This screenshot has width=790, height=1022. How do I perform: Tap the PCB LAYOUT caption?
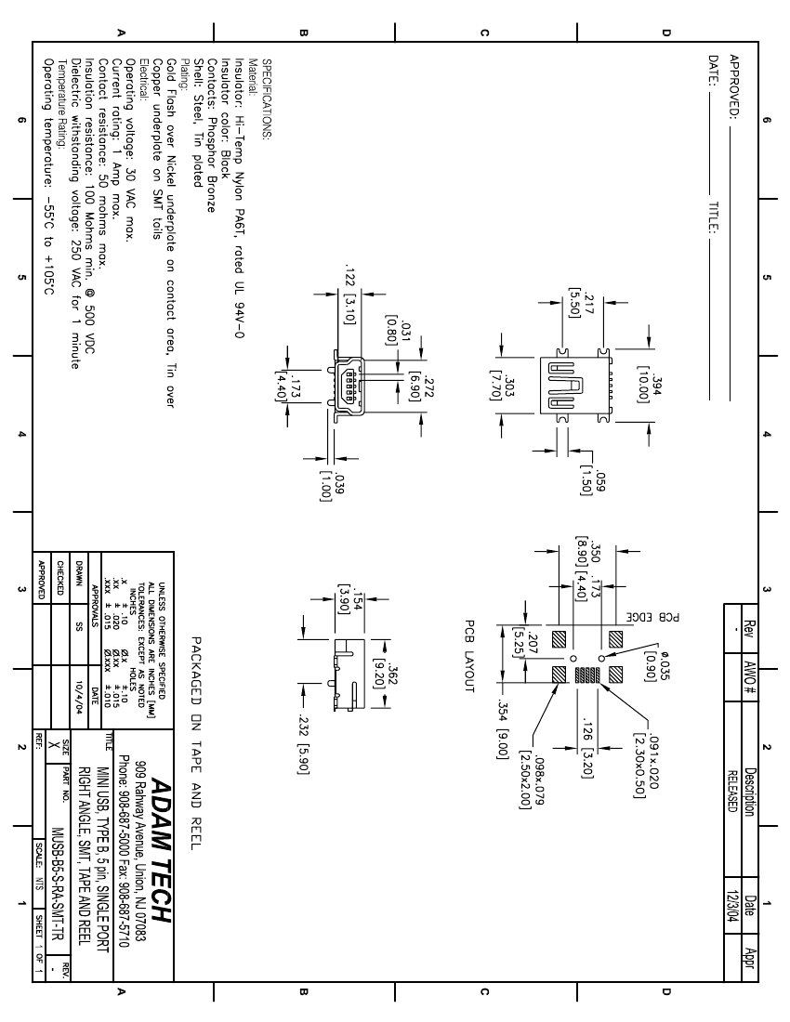click(469, 656)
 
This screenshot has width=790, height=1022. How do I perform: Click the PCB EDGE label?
click(671, 617)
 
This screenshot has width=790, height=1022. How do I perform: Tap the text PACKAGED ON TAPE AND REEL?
click(197, 743)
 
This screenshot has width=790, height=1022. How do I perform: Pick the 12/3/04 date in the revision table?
click(732, 907)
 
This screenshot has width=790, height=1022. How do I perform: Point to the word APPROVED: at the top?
click(734, 87)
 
